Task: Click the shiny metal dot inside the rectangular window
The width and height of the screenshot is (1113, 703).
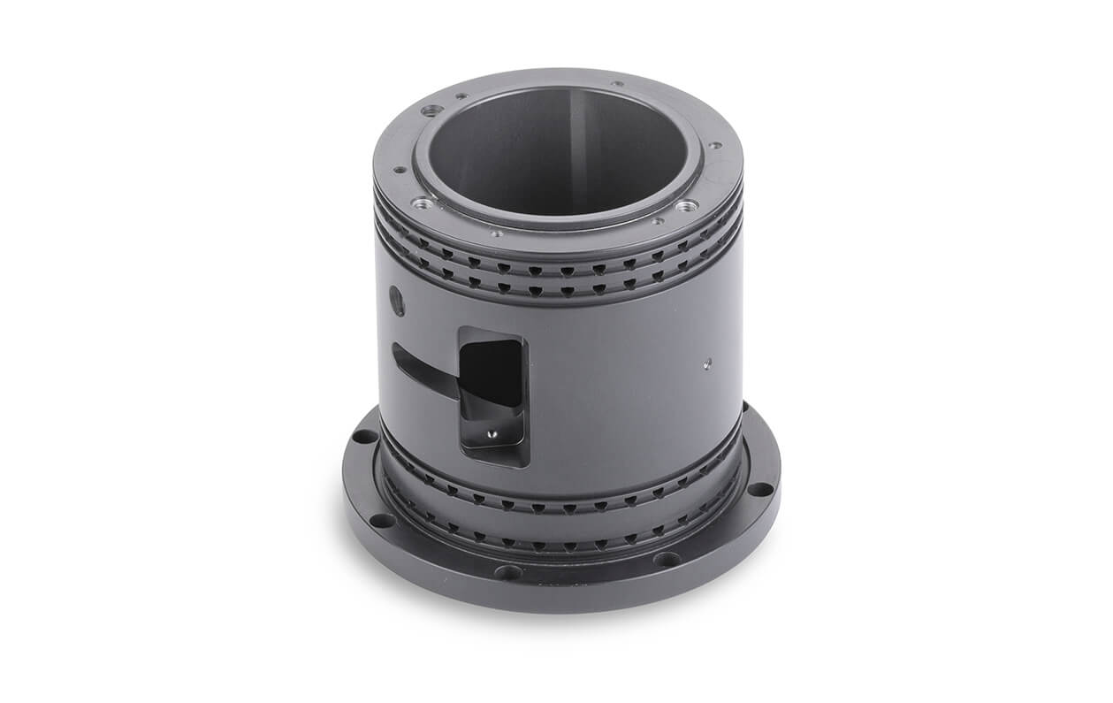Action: coord(492,434)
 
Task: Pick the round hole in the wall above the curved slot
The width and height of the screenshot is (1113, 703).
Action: coord(397,301)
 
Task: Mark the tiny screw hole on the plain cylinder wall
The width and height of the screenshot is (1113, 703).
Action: coord(707,361)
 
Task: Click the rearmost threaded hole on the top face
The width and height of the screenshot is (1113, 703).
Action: coord(432,111)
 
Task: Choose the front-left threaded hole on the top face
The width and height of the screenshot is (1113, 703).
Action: coord(423,203)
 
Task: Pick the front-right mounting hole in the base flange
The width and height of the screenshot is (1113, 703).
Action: coord(666,559)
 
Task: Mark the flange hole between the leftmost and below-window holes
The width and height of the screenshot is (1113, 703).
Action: coord(382,520)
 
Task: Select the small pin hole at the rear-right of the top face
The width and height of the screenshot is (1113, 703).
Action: coord(617,85)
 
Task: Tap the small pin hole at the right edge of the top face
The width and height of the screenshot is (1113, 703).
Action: coord(714,145)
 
